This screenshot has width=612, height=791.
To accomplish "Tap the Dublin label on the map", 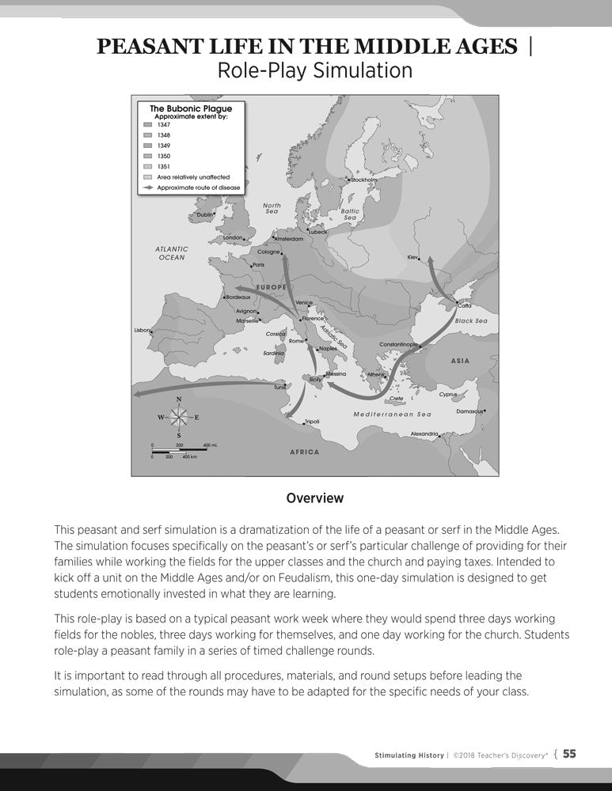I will (x=204, y=214).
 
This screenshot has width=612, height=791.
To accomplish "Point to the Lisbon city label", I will (x=142, y=330).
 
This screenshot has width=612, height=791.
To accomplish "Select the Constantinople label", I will (x=397, y=345).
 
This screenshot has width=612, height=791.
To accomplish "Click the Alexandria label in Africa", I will (x=424, y=433).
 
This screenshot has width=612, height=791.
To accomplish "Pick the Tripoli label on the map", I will (x=312, y=422).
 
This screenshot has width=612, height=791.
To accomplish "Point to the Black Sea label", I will (x=471, y=321).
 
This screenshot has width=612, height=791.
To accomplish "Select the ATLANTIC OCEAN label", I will (x=172, y=253).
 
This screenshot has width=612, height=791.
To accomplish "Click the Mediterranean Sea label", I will (x=392, y=414).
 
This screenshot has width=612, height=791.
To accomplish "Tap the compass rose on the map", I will (x=179, y=417).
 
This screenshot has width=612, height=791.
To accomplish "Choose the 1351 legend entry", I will (x=163, y=167).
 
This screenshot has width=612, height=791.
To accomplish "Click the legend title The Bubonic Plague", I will (x=185, y=108).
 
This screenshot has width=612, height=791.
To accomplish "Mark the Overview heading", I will (x=315, y=498).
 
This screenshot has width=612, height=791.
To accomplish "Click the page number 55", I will (x=569, y=754).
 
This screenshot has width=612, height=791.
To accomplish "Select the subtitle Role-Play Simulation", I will (x=314, y=70).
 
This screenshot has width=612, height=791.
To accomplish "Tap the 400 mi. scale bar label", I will (x=210, y=445).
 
